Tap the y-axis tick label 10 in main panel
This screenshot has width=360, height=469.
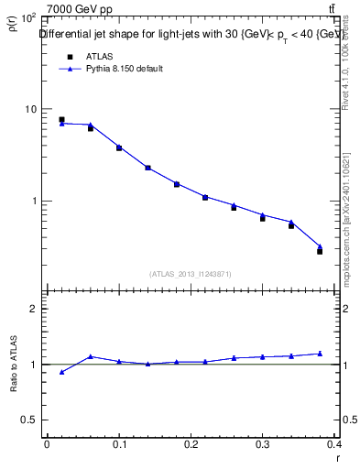31,109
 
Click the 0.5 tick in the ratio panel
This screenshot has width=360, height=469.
29,420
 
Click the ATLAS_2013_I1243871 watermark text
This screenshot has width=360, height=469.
191,274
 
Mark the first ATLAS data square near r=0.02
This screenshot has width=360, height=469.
61,120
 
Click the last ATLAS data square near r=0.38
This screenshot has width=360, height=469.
320,251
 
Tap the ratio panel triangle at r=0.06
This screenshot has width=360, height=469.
90,356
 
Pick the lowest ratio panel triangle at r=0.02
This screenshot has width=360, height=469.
61,372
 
